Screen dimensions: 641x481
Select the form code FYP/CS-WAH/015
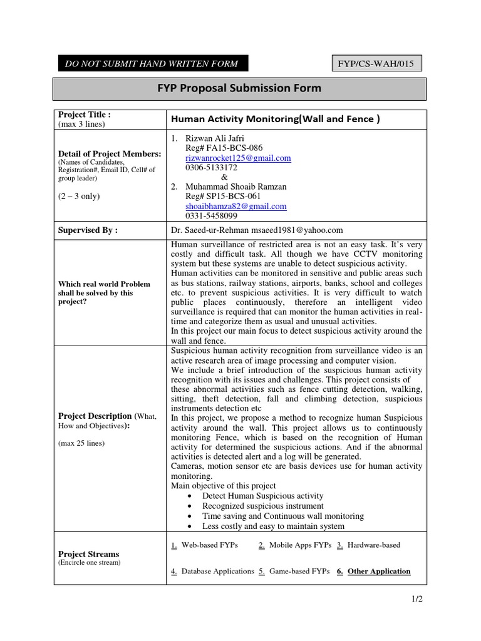(376, 63)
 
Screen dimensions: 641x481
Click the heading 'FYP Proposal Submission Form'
(240, 88)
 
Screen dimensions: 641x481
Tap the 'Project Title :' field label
(85, 115)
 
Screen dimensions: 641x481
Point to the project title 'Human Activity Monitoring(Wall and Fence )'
(276, 119)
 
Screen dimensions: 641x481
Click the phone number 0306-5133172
(211, 168)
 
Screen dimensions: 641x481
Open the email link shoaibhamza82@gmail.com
(236, 206)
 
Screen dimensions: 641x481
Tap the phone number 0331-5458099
(211, 215)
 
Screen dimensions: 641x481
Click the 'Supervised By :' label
(88, 230)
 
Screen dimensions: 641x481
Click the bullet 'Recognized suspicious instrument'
(263, 505)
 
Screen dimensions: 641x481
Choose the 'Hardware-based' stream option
(373, 545)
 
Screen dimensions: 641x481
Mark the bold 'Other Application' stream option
(379, 571)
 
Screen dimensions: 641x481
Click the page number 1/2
(416, 599)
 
